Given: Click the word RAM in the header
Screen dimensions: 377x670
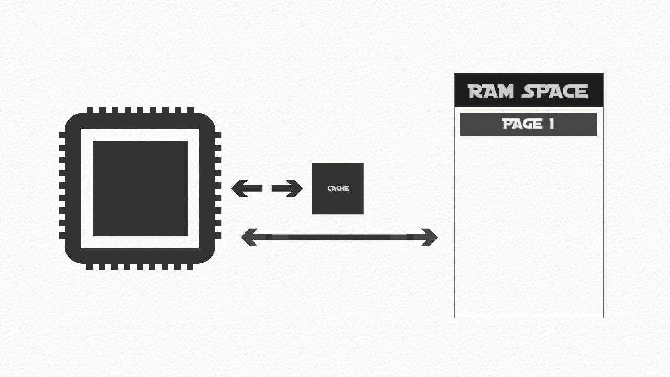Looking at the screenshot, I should (x=493, y=92).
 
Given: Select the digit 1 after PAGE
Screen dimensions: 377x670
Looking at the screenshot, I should (x=550, y=124).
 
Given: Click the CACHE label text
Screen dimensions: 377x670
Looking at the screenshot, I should (x=338, y=188).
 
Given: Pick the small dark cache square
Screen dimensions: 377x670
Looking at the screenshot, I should (x=338, y=202).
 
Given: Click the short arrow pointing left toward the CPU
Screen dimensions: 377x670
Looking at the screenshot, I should (x=246, y=188).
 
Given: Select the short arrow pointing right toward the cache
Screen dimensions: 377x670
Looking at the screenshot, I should (x=287, y=188).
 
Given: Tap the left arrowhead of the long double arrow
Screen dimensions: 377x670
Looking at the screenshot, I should (x=248, y=237).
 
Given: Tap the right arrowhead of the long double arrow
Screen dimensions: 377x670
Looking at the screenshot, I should (x=430, y=237).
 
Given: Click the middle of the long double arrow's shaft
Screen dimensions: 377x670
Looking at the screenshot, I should (x=339, y=237).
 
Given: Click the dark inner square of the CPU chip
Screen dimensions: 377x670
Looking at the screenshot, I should (x=140, y=188).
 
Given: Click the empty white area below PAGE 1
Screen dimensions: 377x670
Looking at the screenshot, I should (x=529, y=225).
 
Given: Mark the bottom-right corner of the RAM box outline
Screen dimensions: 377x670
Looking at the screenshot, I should (x=603, y=317).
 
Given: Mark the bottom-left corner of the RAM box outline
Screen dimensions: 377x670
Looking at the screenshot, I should (x=455, y=317).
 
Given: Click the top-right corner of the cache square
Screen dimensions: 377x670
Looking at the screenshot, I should (x=363, y=163).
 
